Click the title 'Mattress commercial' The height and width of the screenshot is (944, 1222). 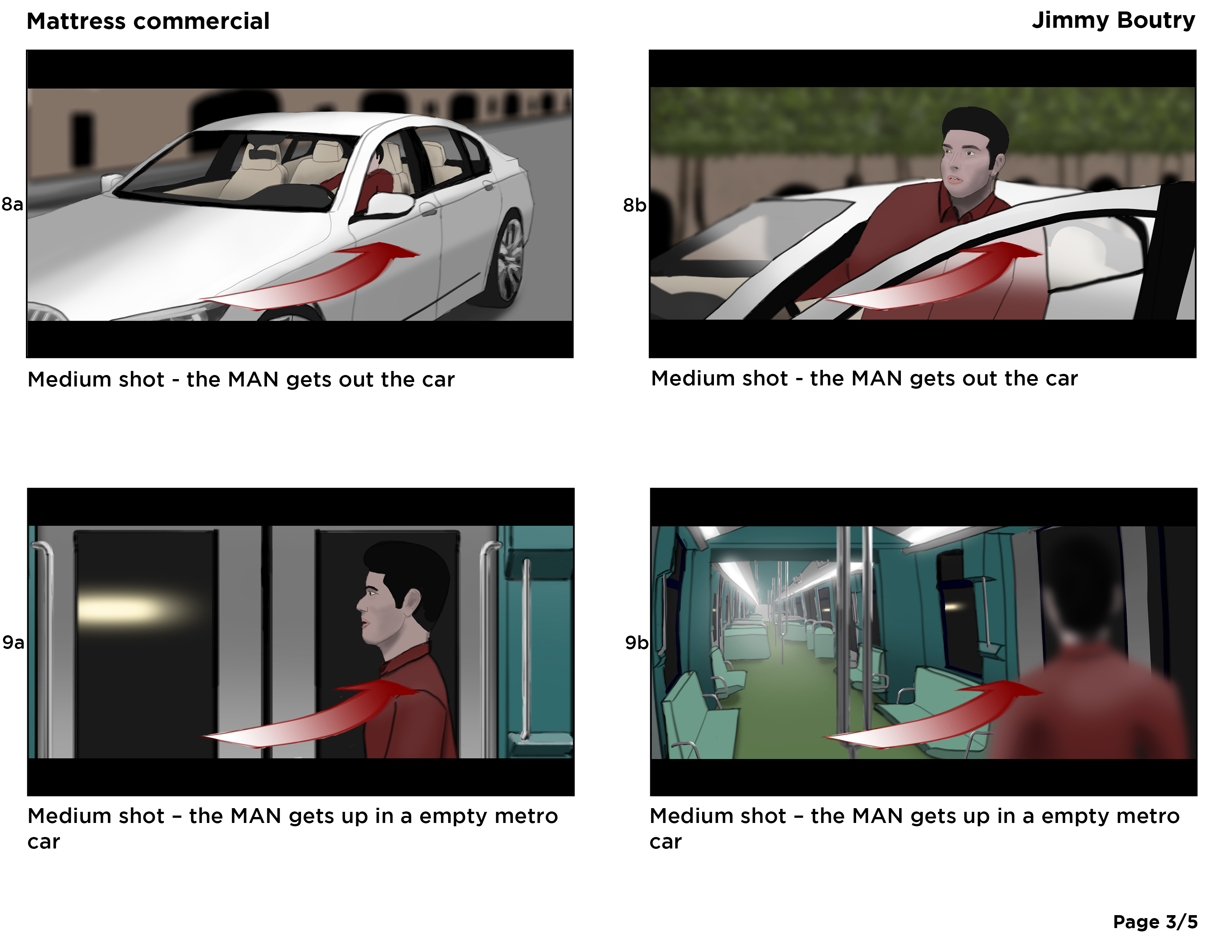click(148, 21)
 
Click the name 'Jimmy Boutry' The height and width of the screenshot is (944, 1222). click(1114, 21)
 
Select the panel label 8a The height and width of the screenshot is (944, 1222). click(12, 204)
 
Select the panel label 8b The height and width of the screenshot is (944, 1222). click(634, 205)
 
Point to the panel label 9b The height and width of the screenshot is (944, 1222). click(636, 643)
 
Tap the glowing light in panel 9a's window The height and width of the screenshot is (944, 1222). click(134, 609)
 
